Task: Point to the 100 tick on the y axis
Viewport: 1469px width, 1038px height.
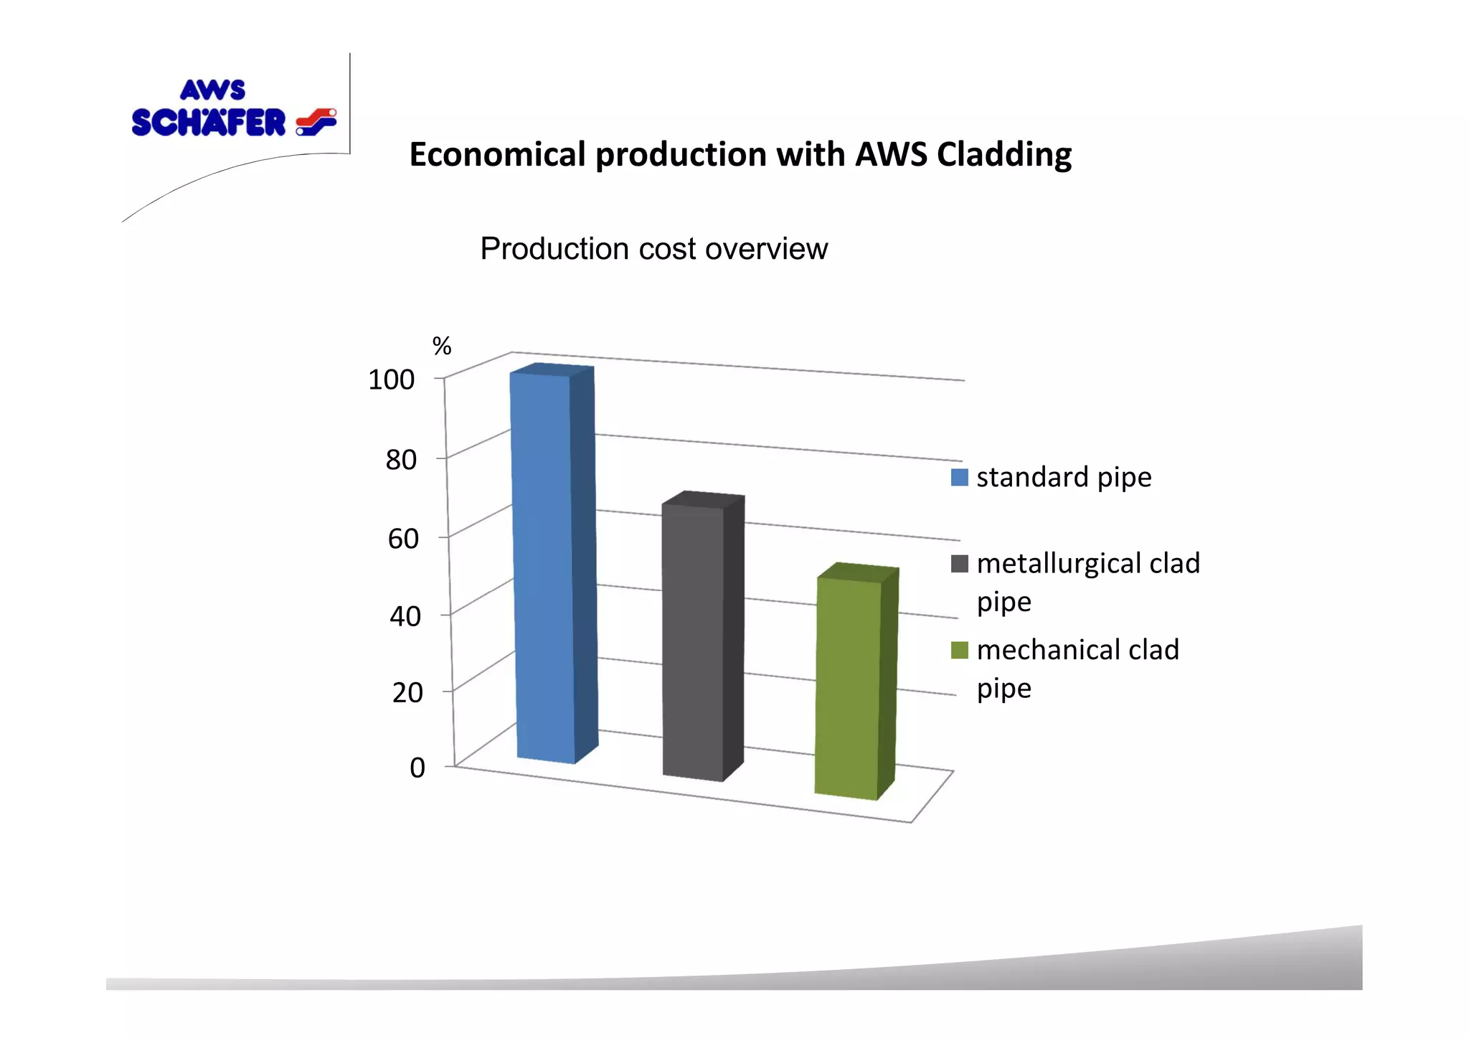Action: [x=392, y=379]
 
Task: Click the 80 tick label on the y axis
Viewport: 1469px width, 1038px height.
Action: [x=401, y=460]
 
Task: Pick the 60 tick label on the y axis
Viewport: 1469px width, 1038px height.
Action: [x=403, y=538]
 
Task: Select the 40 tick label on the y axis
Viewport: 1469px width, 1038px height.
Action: [x=405, y=616]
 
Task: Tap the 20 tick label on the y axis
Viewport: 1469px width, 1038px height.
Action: [x=407, y=693]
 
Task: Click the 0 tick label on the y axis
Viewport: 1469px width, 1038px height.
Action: [x=417, y=768]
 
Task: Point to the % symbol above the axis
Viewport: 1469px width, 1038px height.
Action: [x=442, y=346]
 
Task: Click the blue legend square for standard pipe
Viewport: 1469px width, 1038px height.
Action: [x=959, y=477]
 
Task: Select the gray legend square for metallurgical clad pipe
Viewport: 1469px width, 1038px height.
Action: [x=959, y=564]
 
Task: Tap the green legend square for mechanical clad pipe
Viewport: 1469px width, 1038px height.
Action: [x=959, y=650]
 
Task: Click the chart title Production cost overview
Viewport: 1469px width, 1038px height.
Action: [x=653, y=249]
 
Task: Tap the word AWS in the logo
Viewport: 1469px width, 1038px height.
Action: [x=212, y=90]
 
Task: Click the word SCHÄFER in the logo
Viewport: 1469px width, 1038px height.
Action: [x=209, y=123]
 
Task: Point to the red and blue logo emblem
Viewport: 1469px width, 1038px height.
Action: [x=316, y=122]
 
